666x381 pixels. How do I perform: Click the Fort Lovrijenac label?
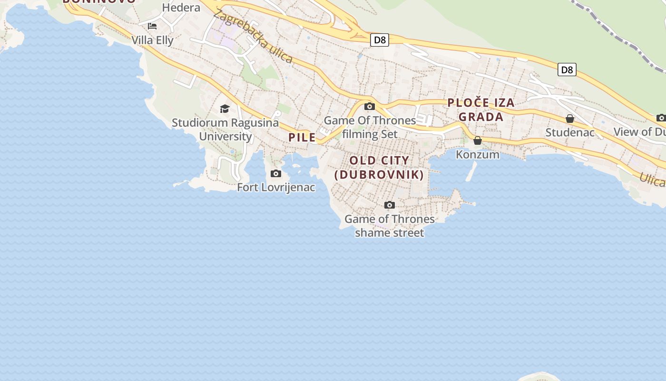coord(276,187)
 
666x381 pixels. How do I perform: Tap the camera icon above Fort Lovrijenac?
coord(276,173)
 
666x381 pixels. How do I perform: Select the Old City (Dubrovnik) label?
coord(379,167)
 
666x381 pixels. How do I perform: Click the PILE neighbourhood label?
coord(302,138)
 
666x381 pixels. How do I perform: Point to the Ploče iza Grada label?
coord(481,110)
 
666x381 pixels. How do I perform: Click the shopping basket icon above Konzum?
coord(478,140)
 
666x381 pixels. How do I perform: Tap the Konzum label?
coord(478,154)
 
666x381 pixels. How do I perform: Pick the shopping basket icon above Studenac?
coord(570,119)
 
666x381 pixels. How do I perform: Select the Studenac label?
coord(570,132)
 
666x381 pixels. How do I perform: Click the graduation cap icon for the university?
coord(225,109)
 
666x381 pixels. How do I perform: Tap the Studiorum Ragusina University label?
coord(225,130)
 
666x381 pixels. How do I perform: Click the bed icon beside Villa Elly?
coord(152,26)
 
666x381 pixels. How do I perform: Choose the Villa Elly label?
coord(152,40)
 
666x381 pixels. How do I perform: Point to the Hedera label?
coord(181,8)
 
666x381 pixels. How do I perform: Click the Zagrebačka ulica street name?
coord(253,36)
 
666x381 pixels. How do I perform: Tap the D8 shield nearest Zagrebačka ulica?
coord(380,40)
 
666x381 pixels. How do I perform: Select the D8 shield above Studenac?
coord(567,70)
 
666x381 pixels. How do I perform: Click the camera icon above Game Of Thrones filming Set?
coord(370,106)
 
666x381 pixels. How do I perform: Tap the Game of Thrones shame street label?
coord(390,226)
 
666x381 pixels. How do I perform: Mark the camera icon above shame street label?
coord(390,205)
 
